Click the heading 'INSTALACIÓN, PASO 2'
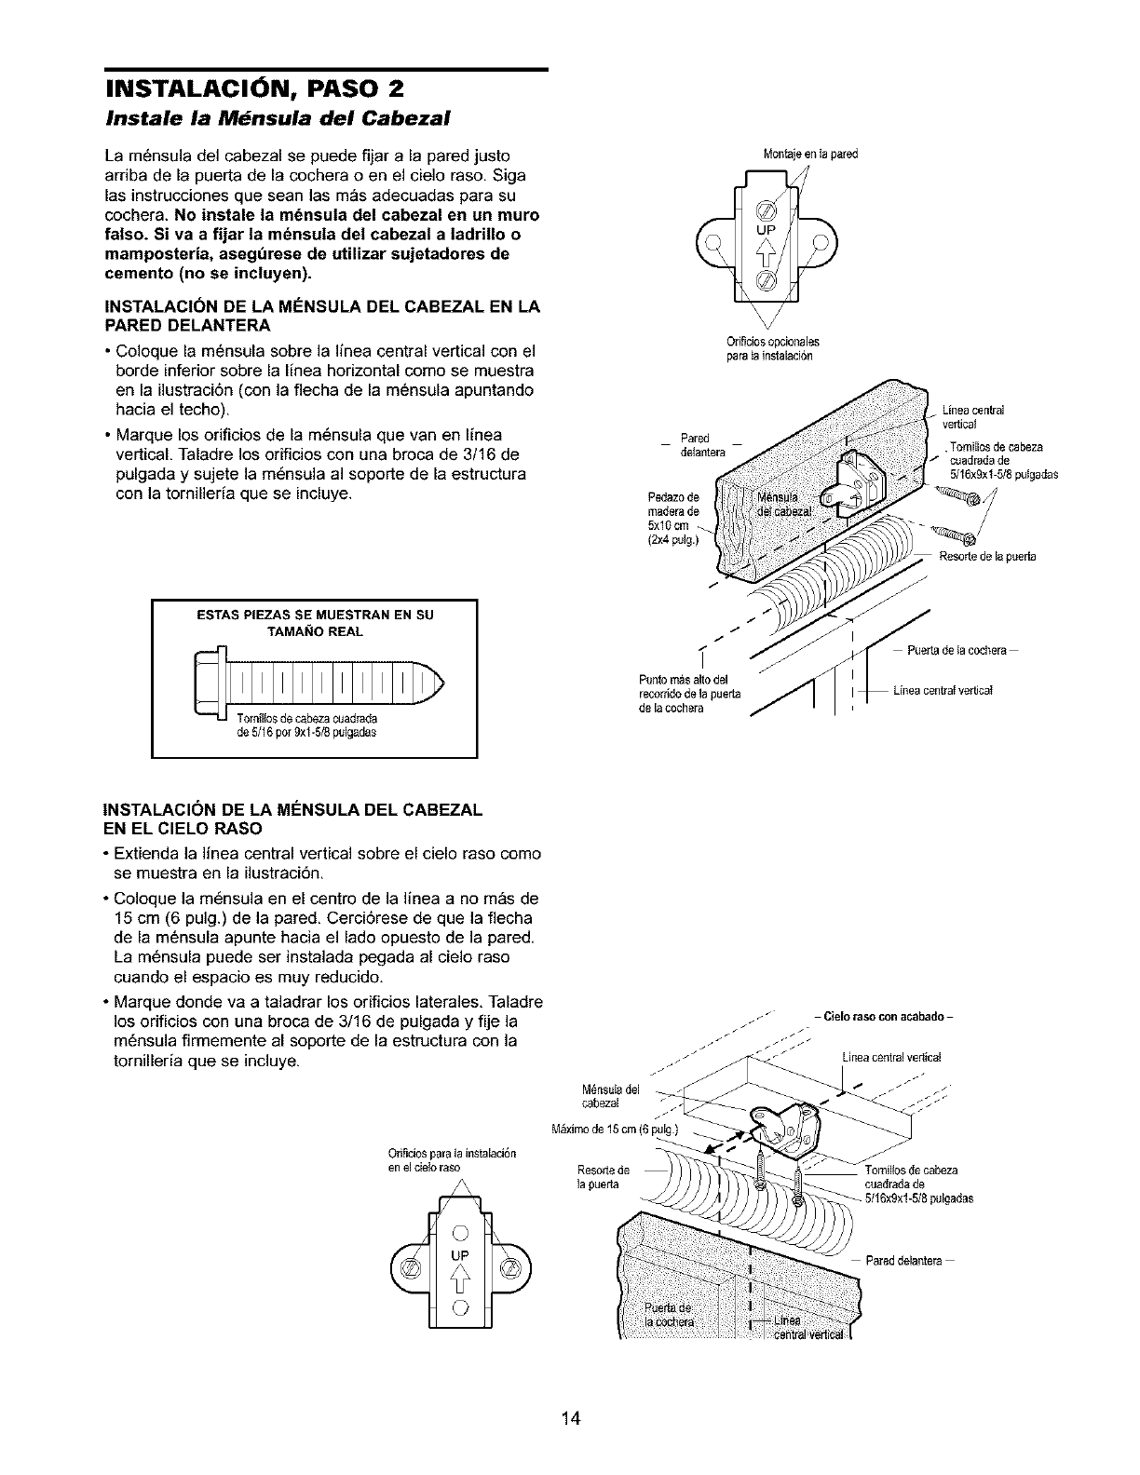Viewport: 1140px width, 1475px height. (x=254, y=88)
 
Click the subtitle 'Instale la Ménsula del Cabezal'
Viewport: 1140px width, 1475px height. (x=278, y=119)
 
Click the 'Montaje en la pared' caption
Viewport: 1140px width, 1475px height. (x=810, y=154)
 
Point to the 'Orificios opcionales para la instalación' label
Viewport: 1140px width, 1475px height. (x=773, y=349)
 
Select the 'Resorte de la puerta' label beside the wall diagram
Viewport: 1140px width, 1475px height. (x=987, y=557)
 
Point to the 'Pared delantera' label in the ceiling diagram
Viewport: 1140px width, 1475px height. (x=909, y=1261)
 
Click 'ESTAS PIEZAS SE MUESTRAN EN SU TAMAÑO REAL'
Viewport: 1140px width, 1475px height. (x=315, y=623)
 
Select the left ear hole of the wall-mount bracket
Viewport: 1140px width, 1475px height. (x=712, y=242)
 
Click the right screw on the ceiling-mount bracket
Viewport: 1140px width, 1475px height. (x=509, y=1267)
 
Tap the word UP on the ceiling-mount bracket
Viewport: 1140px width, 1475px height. (x=461, y=1254)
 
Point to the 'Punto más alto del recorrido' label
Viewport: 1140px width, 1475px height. (x=689, y=694)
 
